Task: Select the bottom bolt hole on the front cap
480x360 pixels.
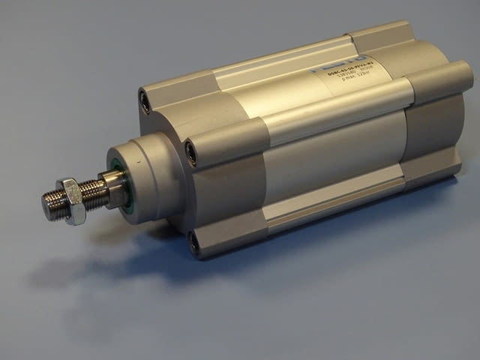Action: [x=195, y=241]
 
